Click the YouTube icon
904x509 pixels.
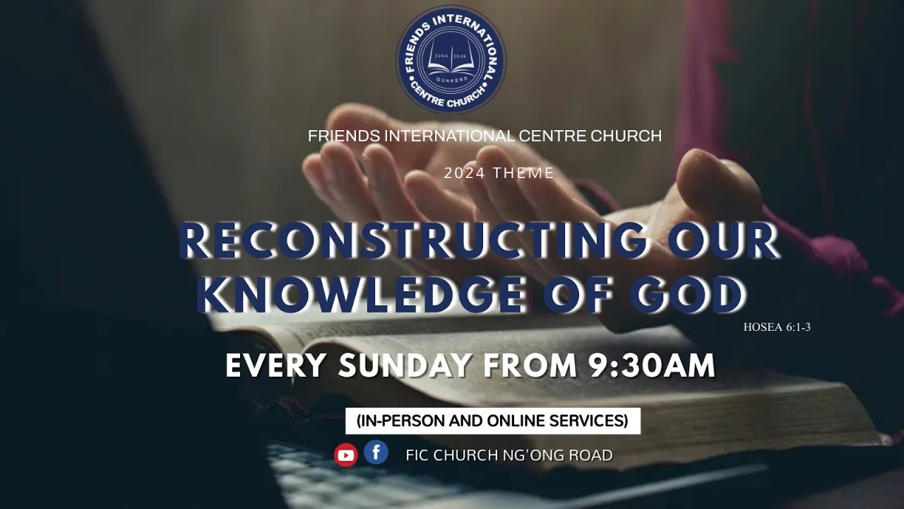[x=346, y=455]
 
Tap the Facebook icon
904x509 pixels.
[x=376, y=452]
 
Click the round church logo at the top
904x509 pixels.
[x=451, y=59]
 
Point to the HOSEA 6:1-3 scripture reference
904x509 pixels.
[x=776, y=327]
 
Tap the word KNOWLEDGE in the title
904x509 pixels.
[x=360, y=295]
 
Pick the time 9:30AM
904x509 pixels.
[x=651, y=365]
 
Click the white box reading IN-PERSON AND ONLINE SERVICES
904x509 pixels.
[x=492, y=421]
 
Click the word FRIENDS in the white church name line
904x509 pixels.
[x=344, y=136]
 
